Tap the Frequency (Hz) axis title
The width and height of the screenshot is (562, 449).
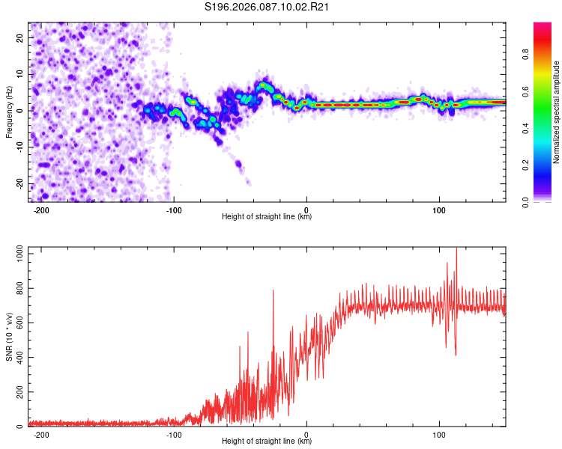(x=9, y=112)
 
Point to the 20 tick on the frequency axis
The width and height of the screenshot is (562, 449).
(x=21, y=37)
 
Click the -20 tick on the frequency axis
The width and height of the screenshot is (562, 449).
(x=19, y=184)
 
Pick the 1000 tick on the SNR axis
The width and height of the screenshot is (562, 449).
(x=16, y=254)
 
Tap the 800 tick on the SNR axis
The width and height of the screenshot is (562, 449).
(x=18, y=289)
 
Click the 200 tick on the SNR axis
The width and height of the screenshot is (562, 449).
(x=18, y=392)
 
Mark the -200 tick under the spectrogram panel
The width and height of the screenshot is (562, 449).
(x=41, y=210)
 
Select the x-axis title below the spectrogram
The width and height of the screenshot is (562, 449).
(x=267, y=217)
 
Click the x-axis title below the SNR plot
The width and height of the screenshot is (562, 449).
(x=267, y=443)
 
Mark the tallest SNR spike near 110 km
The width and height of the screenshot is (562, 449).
(x=456, y=249)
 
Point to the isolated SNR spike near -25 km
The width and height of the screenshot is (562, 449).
(x=273, y=290)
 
